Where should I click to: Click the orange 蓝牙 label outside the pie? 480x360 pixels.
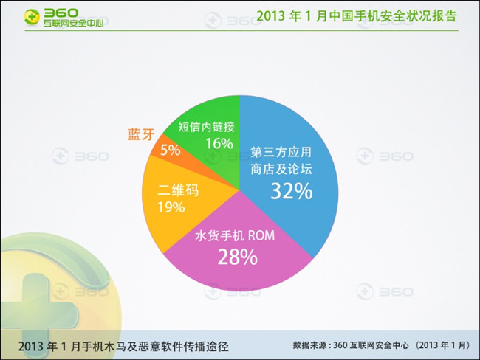(141, 134)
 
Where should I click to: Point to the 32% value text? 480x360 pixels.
(292, 191)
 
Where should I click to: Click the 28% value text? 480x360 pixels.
(238, 257)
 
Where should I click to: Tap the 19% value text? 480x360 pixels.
(171, 207)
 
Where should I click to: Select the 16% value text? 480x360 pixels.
(219, 143)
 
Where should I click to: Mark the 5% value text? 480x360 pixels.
(170, 150)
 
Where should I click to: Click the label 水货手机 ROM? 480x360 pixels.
(235, 235)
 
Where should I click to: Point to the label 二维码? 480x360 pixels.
(178, 190)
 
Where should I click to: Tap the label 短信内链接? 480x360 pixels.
(206, 127)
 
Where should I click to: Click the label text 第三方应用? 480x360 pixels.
(281, 152)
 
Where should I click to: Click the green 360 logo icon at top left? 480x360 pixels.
(32, 17)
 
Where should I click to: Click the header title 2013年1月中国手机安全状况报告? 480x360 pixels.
(357, 16)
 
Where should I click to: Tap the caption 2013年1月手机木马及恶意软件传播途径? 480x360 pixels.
(123, 346)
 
